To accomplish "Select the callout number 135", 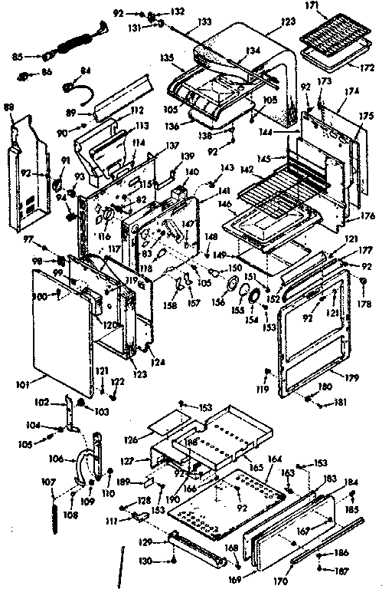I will coord(166,57).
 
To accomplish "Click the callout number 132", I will coord(178,12).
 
